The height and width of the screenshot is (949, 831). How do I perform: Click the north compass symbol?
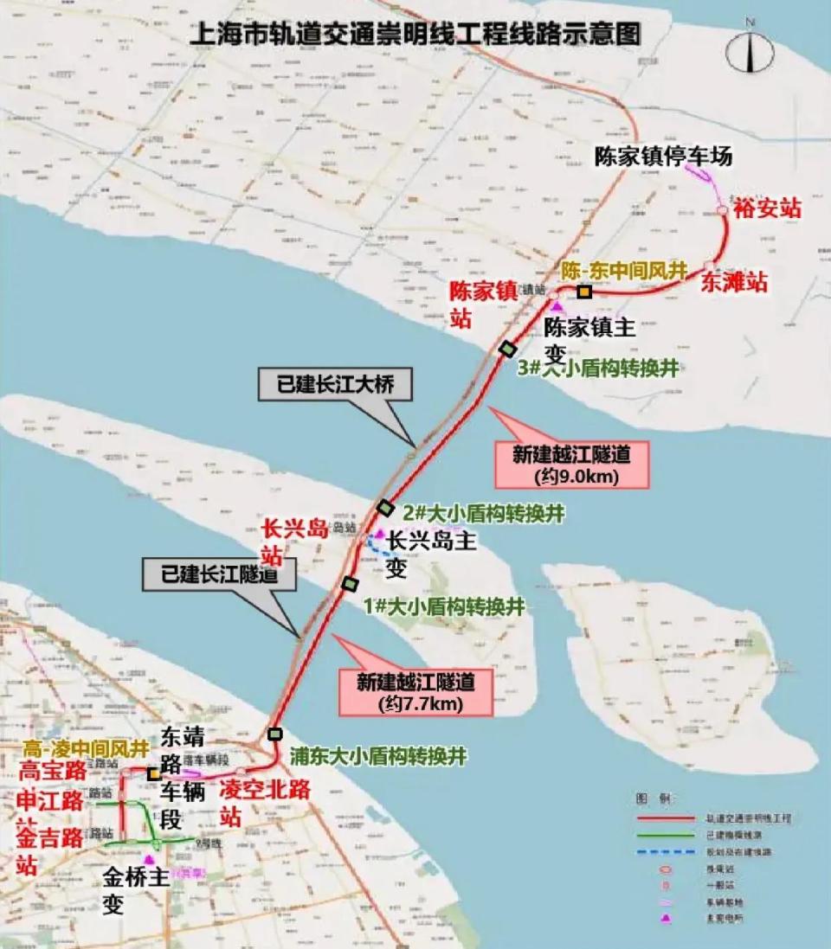coord(749,51)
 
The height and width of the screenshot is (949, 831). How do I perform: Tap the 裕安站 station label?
coord(767,208)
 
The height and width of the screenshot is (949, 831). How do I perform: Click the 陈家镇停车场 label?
coord(663,156)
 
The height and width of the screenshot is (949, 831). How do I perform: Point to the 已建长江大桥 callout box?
coord(335,385)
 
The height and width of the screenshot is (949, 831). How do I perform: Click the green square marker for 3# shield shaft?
coord(508,348)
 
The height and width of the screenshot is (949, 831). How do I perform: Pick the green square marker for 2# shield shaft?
coord(385,508)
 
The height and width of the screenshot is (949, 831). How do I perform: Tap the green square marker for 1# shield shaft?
coord(350,584)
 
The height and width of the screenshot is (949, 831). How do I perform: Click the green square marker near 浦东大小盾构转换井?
coord(275,734)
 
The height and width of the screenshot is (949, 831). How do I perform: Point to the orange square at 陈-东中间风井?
coord(585,292)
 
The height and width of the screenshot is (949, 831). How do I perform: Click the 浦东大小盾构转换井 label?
coord(378,756)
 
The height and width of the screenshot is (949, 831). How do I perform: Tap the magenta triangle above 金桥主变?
coord(150,859)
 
